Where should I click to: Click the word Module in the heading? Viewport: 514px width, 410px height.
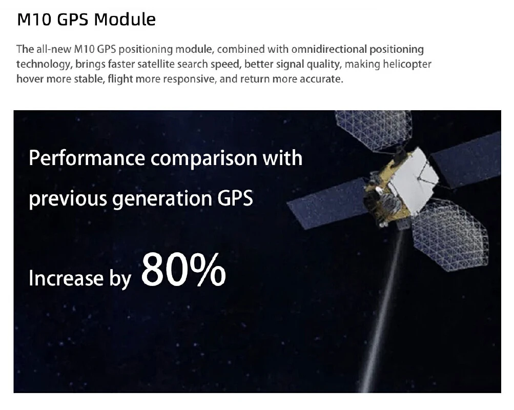(125, 19)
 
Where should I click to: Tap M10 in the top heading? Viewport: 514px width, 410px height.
(34, 19)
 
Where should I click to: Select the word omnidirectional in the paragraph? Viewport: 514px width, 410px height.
(329, 49)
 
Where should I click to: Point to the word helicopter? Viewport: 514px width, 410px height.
(407, 64)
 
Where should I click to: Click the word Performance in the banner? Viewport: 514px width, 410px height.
(87, 158)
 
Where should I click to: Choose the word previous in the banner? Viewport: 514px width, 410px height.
(68, 199)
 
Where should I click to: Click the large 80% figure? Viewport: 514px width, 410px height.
(183, 270)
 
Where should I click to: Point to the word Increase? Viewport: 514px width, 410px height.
(66, 278)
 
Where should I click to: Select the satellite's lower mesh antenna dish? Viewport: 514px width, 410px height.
(449, 234)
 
